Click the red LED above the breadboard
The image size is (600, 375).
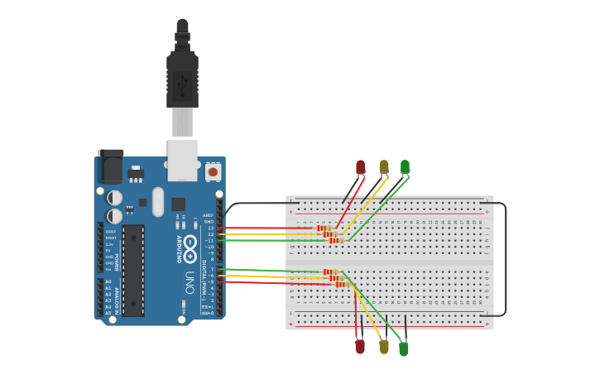pyautogui.click(x=360, y=167)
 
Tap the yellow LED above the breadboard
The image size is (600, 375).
pyautogui.click(x=384, y=167)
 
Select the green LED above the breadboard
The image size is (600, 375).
pyautogui.click(x=405, y=166)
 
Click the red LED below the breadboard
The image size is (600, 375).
pyautogui.click(x=360, y=346)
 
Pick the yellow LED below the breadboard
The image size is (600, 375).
pyautogui.click(x=384, y=346)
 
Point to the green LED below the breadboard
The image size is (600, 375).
pyautogui.click(x=404, y=349)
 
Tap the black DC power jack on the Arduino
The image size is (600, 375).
pyautogui.click(x=110, y=167)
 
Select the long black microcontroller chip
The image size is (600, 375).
pyautogui.click(x=133, y=270)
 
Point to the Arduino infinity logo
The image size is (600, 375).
pyautogui.click(x=190, y=245)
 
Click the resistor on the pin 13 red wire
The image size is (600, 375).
pyautogui.click(x=324, y=228)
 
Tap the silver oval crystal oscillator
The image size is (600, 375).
pyautogui.click(x=158, y=201)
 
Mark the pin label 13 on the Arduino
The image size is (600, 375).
pyautogui.click(x=210, y=228)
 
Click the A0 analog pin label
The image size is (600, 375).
pyautogui.click(x=108, y=281)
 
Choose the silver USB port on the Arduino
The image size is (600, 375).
pyautogui.click(x=182, y=159)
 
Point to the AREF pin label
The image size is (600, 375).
pyautogui.click(x=208, y=215)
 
